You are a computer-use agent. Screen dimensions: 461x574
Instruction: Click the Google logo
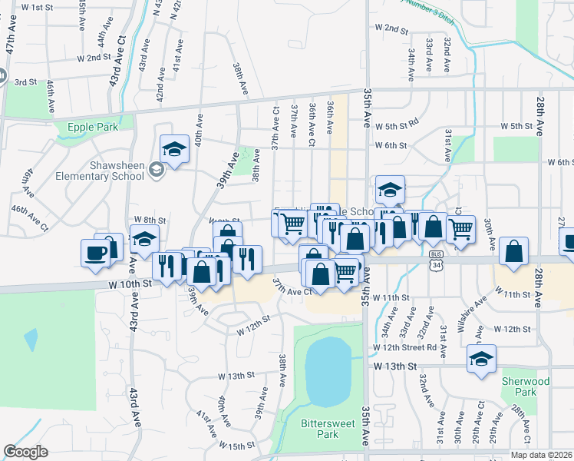tap(25, 452)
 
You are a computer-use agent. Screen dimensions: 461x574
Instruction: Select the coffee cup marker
tap(96, 254)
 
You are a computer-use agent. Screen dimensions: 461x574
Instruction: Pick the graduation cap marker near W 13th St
tap(482, 359)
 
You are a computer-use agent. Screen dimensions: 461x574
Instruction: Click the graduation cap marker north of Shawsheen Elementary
tap(175, 149)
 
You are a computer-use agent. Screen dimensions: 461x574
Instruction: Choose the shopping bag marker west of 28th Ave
tap(514, 252)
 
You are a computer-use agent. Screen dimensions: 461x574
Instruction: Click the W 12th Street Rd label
tap(404, 347)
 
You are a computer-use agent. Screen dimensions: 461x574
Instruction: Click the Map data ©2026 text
tap(542, 455)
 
